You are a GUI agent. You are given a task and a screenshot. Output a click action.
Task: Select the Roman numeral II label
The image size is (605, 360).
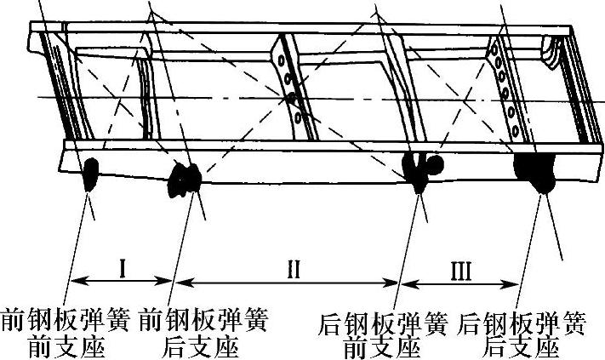pos(292,270)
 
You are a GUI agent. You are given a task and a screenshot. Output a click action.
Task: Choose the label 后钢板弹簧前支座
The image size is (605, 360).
pos(382,335)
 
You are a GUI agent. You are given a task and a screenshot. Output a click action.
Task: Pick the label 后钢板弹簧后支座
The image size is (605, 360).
pos(521,335)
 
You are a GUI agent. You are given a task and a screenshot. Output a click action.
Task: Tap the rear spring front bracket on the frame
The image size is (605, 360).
pos(421,168)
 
